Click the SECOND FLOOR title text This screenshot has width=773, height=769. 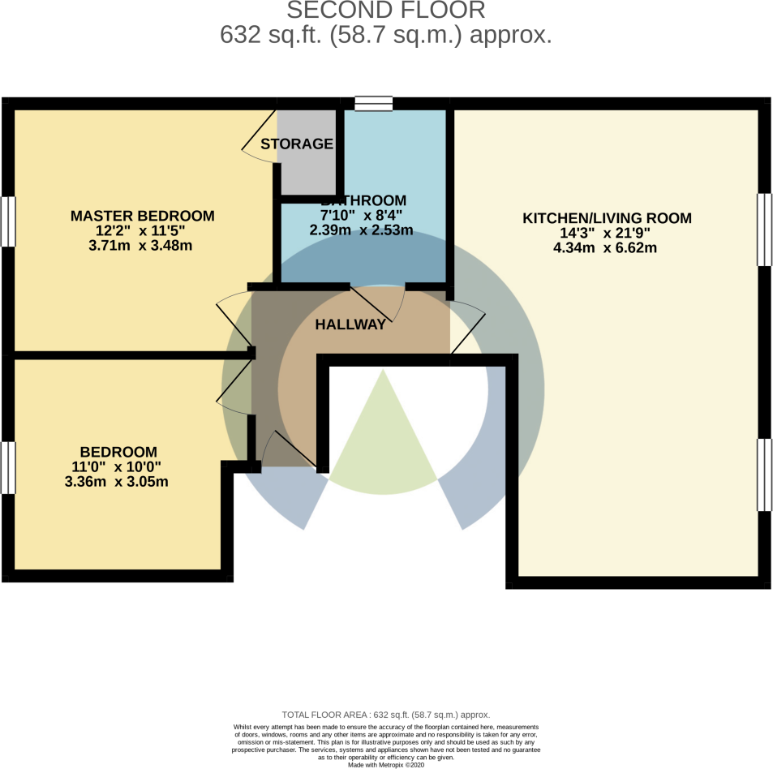point(386,11)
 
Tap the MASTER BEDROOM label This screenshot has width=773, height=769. point(143,216)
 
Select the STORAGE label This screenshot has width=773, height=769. point(297,144)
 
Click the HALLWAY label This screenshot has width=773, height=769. point(350,324)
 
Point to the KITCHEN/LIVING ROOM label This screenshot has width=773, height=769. point(606,218)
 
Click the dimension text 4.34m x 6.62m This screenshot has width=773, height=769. point(605,247)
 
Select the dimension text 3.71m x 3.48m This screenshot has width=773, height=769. point(140,246)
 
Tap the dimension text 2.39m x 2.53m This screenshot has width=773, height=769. point(361,230)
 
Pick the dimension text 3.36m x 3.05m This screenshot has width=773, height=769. point(117,482)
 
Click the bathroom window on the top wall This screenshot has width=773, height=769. point(373,103)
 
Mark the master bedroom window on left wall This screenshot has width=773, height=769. point(7,221)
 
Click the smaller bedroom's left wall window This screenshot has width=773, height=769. point(7,467)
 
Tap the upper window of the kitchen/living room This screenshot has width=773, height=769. point(764,230)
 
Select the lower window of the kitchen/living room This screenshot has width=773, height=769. point(764,475)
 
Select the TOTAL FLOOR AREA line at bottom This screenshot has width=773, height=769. point(386,715)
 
